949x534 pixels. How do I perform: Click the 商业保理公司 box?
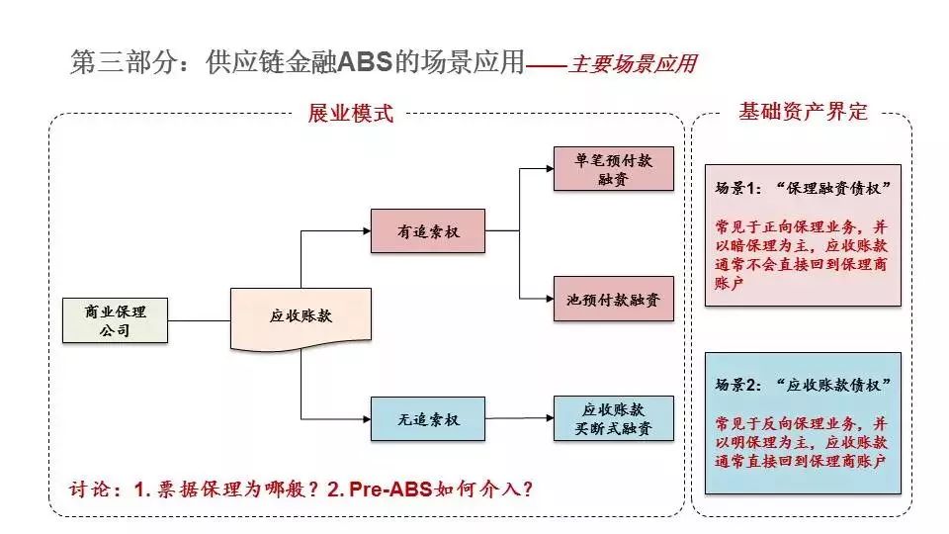click(x=115, y=320)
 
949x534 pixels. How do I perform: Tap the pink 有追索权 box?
click(x=428, y=230)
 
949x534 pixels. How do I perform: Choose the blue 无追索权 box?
click(x=428, y=419)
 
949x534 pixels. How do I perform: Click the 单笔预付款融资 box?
click(x=614, y=169)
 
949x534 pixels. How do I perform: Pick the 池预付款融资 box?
click(x=614, y=299)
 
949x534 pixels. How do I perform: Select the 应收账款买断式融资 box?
click(x=614, y=418)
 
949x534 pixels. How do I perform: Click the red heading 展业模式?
click(x=350, y=113)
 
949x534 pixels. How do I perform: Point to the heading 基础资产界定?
click(x=803, y=112)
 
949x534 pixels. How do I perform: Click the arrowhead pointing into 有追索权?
click(x=367, y=230)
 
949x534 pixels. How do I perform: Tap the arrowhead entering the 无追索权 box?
click(x=367, y=419)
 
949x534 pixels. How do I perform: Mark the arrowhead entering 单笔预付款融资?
click(x=550, y=169)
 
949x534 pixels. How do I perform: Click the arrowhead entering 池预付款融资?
click(x=550, y=299)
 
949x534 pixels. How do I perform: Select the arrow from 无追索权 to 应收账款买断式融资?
click(x=519, y=418)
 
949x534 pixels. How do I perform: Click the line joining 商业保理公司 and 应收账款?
click(x=199, y=320)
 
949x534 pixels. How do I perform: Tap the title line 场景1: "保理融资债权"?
click(x=803, y=188)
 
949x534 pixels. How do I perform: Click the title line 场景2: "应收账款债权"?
click(x=803, y=385)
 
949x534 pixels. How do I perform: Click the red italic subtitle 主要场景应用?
click(x=633, y=63)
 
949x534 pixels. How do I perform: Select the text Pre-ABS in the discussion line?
click(x=390, y=489)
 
